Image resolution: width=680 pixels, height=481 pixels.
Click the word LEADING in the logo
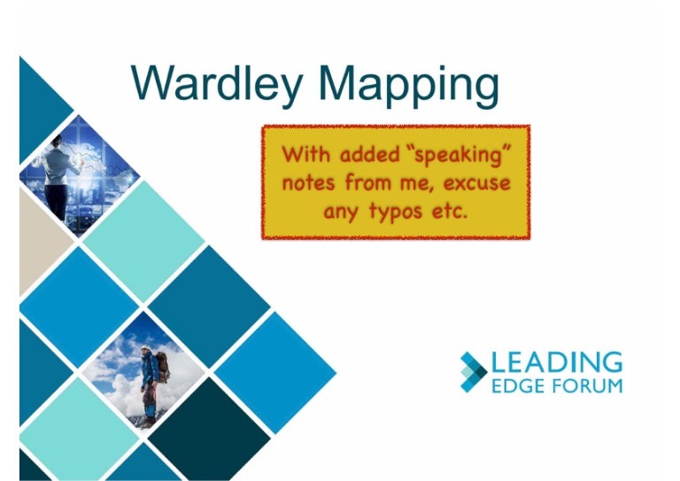(557, 362)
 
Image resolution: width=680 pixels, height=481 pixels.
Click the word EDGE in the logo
(514, 385)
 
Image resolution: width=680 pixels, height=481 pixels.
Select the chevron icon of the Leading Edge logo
(473, 371)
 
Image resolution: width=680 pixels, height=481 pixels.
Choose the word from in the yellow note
(367, 183)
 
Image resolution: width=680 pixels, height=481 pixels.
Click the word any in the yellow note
(342, 213)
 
